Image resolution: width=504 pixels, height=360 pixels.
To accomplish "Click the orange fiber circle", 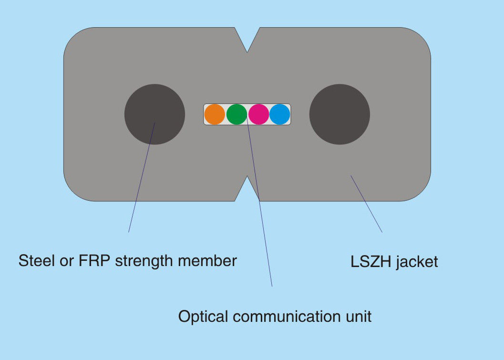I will pos(215,114).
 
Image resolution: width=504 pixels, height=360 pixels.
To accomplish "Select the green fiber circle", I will pos(237,114).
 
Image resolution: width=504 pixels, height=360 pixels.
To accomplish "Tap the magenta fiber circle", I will pos(258,114).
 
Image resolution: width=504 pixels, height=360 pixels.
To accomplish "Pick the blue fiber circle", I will pos(280,114).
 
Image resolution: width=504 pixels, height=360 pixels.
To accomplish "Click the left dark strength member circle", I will pos(154,114).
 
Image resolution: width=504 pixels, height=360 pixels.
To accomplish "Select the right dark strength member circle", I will pos(339,114).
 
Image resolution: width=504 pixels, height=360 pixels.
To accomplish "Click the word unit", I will pos(358,317).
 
